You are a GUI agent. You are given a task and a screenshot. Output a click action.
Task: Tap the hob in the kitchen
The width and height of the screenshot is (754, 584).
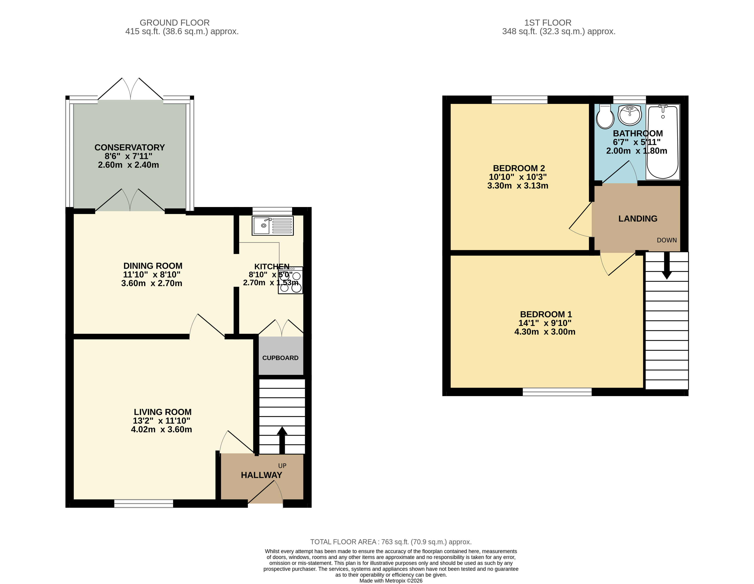pos(290,280)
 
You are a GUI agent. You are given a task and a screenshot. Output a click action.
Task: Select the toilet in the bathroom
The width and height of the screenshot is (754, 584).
pos(605,116)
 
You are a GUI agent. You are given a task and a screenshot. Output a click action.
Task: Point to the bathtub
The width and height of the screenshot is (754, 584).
pos(662,142)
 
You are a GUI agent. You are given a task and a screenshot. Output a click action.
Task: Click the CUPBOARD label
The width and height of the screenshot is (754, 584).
pos(280,358)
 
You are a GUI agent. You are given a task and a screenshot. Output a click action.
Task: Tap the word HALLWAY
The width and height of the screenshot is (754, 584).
pos(261,475)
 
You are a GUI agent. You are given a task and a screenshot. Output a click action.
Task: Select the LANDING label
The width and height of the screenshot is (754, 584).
pos(638,219)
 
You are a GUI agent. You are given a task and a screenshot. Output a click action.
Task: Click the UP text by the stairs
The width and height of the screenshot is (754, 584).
pos(282,466)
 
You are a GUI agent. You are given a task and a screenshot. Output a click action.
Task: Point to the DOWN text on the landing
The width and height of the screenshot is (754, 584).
pos(667,240)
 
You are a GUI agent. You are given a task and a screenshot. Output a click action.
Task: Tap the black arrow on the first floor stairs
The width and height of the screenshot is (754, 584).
pos(667,265)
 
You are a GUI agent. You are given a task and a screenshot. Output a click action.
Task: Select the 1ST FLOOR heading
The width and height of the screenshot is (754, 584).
pos(548,23)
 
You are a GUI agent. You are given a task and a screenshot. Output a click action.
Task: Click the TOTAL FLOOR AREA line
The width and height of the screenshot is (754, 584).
pos(391,542)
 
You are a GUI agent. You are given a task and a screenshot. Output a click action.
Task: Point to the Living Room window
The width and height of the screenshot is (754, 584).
pos(144,504)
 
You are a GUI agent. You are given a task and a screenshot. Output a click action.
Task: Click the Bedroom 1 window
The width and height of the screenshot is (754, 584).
pos(557,392)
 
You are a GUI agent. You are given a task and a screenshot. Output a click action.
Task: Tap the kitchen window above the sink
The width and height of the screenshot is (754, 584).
pos(272,211)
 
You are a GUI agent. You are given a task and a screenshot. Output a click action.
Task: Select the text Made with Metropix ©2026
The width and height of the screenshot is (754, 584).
pos(391,581)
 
